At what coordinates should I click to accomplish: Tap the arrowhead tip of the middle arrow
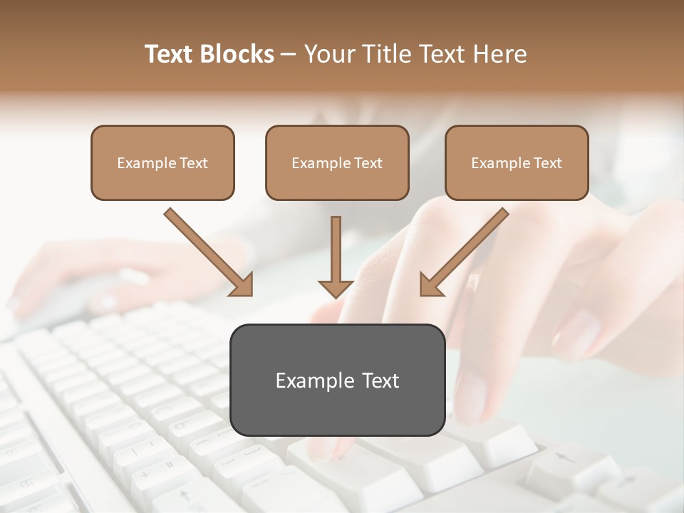pyautogui.click(x=336, y=296)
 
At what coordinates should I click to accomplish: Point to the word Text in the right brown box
pyautogui.click(x=548, y=163)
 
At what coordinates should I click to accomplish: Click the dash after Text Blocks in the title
pyautogui.click(x=289, y=55)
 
